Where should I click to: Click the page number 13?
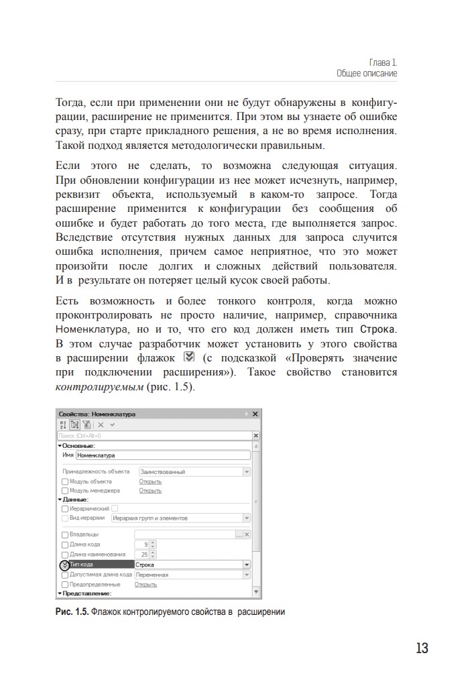coord(422,648)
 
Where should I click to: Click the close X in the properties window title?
coord(255,414)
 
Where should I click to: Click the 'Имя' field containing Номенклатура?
coord(163,455)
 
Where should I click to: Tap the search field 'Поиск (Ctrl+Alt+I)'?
coord(154,435)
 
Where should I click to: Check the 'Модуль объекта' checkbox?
coord(65,481)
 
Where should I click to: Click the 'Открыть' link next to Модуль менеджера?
coord(150,490)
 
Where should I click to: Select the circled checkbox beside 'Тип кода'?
coord(65,565)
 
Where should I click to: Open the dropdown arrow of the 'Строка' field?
coord(247,565)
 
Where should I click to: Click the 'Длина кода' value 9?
coord(145,544)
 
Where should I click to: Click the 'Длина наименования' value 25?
coord(143,555)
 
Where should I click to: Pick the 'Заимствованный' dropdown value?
coord(190,471)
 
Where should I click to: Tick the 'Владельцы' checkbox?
coord(65,534)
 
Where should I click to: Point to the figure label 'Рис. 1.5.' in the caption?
coord(72,612)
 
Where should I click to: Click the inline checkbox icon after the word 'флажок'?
coord(188,357)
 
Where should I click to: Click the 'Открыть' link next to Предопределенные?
coord(145,584)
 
